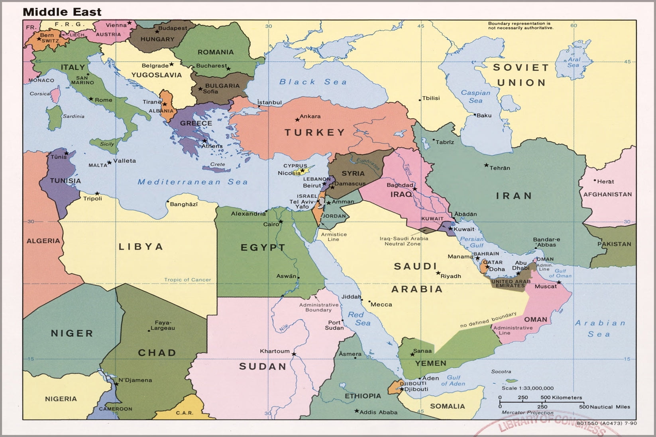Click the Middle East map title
click(62, 12)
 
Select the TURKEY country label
click(314, 133)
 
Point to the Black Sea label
click(313, 82)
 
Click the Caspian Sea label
click(475, 97)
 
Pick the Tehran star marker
click(486, 165)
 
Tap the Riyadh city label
click(451, 276)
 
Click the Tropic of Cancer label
click(188, 280)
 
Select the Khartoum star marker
click(294, 354)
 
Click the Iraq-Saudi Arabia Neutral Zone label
click(404, 241)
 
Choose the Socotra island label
click(501, 372)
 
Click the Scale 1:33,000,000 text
click(527, 388)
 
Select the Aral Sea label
click(574, 62)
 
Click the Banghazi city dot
click(168, 201)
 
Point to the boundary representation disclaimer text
click(520, 26)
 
